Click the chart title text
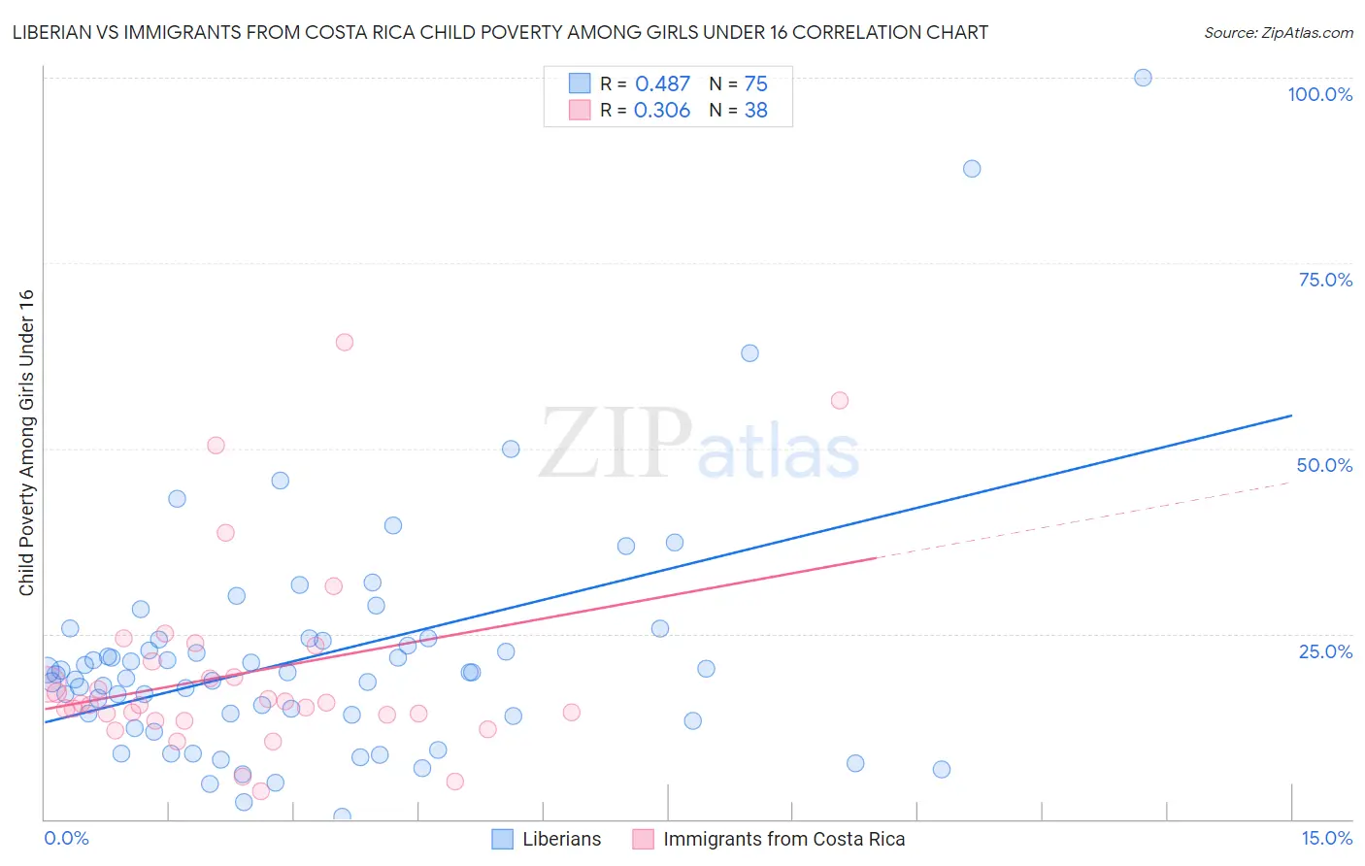pos(500,32)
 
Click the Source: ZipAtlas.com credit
pos(1278,32)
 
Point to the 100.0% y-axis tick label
pos(1319,94)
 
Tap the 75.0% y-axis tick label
pos(1325,280)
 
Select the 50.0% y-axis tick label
pos(1324,465)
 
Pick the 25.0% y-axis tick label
pos(1325,651)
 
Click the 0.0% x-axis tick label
pos(66,839)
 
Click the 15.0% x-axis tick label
pos(1326,839)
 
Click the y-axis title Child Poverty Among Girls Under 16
pos(26,443)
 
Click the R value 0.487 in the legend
pos(662,84)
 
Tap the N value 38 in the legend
pos(755,111)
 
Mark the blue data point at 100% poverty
pos(1143,78)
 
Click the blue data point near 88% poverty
pos(972,169)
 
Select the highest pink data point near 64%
pos(344,342)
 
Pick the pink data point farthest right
pos(840,401)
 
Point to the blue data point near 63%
pos(749,353)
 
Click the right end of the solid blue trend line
pos(1291,416)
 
